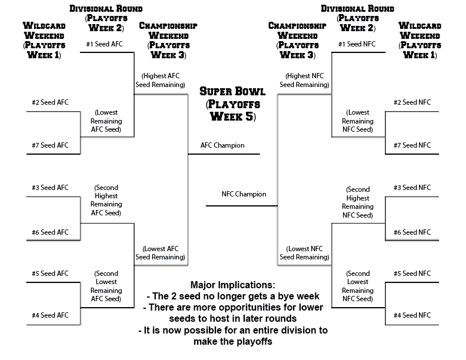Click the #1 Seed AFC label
[x=104, y=44]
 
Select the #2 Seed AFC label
[x=50, y=102]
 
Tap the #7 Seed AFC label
[x=50, y=145]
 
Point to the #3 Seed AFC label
[x=50, y=188]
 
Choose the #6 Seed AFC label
[x=50, y=232]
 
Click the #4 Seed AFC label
[x=50, y=315]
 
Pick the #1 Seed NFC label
[x=357, y=44]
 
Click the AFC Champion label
[x=222, y=145]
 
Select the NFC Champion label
[x=244, y=194]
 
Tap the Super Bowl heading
[x=232, y=104]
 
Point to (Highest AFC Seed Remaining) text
[x=161, y=80]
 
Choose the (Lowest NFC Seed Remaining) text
[x=304, y=253]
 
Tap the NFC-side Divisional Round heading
[x=358, y=18]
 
